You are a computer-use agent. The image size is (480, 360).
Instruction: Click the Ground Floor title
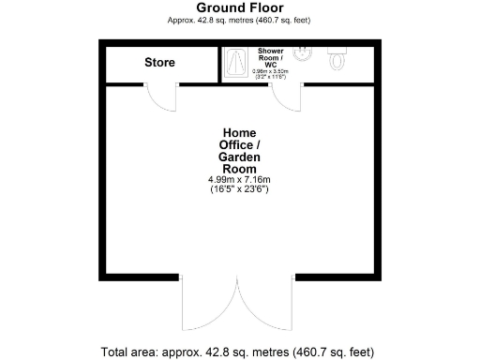[x=239, y=7]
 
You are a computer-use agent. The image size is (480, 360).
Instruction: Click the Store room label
[x=159, y=63]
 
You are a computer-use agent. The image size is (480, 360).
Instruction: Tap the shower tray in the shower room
[x=233, y=63]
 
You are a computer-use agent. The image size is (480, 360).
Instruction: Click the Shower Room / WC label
[x=270, y=56]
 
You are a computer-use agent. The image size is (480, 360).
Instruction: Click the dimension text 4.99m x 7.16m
[x=239, y=179]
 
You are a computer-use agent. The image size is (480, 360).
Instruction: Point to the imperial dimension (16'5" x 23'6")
[x=239, y=189]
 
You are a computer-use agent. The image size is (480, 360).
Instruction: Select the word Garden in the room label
[x=239, y=157]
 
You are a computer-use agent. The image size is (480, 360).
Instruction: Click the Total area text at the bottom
[x=239, y=352]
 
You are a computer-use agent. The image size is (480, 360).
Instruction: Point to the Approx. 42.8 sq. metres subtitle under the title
[x=239, y=20]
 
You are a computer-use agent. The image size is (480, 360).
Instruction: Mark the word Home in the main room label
[x=239, y=132]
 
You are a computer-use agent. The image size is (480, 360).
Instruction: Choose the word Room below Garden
[x=239, y=169]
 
